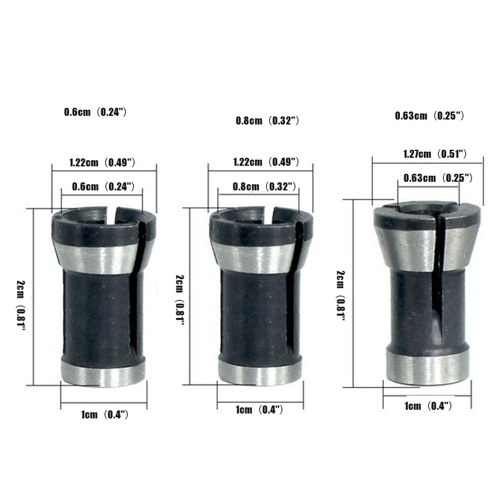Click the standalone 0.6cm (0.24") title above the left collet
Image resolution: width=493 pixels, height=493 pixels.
[x=96, y=112]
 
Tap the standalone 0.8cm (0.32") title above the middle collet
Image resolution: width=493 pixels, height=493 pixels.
[x=267, y=120]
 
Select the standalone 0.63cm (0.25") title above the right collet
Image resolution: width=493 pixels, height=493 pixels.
[x=429, y=116]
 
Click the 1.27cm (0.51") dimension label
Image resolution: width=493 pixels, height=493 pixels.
[x=435, y=153]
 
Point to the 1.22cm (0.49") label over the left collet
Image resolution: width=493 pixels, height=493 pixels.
[x=102, y=162]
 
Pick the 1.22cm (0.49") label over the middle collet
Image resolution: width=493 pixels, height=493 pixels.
[x=266, y=161]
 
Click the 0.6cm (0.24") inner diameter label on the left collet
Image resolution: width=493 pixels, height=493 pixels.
[x=104, y=187]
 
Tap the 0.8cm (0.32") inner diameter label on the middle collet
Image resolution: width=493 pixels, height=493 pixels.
[x=264, y=187]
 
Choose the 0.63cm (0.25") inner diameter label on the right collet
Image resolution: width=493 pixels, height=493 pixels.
[x=438, y=178]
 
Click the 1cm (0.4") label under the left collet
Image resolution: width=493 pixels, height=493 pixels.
[x=105, y=414]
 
